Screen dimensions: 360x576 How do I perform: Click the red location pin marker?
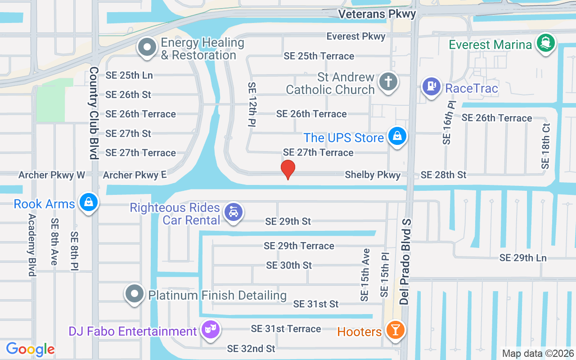point(288,169)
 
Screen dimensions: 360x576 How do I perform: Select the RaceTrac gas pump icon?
point(432,86)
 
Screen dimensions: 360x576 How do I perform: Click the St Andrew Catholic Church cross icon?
point(388,82)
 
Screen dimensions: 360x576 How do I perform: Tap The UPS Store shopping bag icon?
point(397,136)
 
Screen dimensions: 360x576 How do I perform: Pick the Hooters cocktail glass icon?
point(396,330)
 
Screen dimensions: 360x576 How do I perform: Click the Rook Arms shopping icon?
point(89,202)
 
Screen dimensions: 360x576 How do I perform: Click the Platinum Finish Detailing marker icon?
point(134,294)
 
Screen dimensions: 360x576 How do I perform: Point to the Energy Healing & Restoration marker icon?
point(147,48)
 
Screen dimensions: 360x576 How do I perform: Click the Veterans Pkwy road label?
point(377,14)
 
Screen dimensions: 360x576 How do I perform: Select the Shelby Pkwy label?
point(373,175)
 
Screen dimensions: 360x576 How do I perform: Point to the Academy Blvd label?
point(32,245)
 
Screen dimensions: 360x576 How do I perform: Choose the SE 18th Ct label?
point(546,146)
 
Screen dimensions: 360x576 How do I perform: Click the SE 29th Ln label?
point(523,258)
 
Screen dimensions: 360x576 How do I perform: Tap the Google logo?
point(31,349)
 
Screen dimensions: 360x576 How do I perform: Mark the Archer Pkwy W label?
point(52,175)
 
